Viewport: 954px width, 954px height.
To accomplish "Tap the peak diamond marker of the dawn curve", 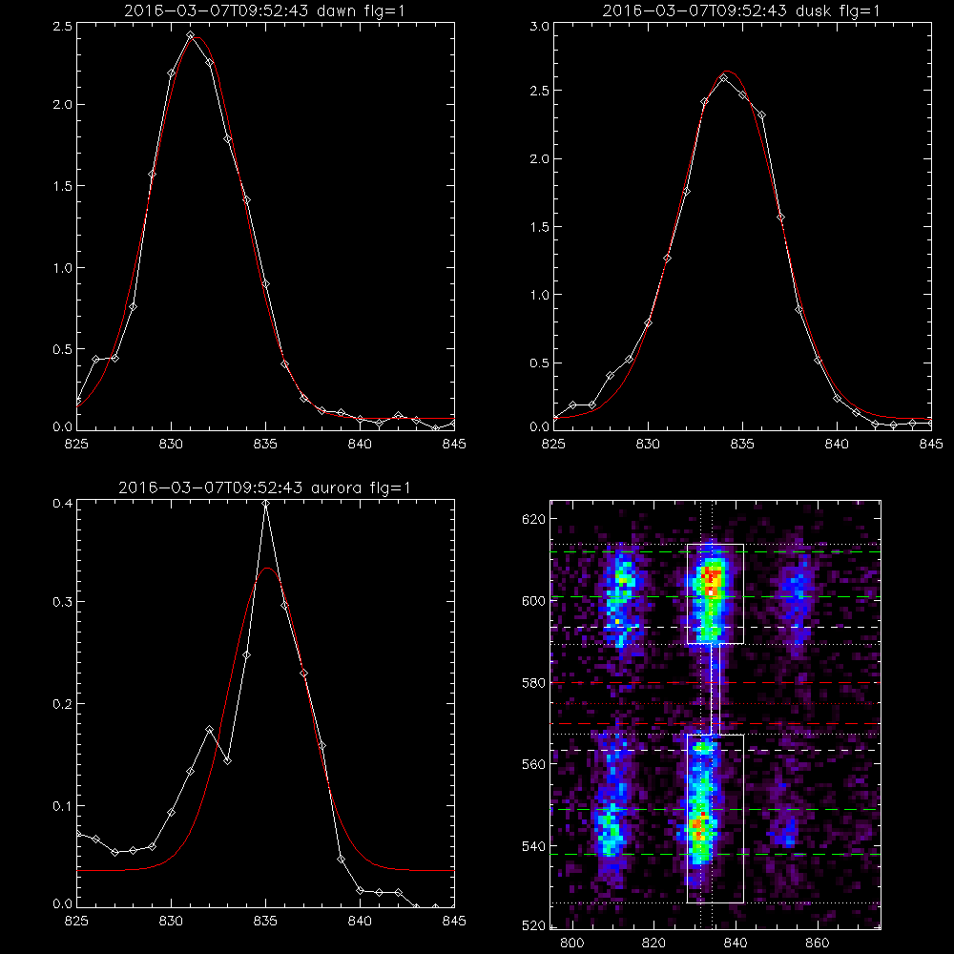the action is click(191, 35).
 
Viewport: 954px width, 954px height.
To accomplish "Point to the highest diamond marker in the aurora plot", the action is click(265, 503).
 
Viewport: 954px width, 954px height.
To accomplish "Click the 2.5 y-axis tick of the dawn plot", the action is click(62, 26).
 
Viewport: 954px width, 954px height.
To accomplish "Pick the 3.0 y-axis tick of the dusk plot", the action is click(539, 26).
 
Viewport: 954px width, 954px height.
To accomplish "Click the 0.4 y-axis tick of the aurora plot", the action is click(62, 503).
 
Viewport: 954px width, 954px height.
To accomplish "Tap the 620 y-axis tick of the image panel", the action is click(533, 519).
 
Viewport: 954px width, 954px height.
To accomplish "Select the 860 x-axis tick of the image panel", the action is click(818, 943).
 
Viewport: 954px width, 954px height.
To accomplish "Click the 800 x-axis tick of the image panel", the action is click(571, 943).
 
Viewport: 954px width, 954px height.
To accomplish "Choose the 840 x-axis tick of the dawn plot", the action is click(361, 444).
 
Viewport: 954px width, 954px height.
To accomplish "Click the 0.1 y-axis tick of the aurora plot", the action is click(62, 805).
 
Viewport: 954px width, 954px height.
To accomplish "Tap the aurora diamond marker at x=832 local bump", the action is click(209, 729).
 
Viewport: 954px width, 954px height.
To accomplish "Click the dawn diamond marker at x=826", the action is click(95, 360).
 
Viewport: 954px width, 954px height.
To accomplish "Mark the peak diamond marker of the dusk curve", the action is click(724, 78).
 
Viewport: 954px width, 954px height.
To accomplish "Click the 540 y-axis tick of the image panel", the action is click(533, 845).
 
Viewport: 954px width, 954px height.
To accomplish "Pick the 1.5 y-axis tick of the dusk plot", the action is click(539, 227).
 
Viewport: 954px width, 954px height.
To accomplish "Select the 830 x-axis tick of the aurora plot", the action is click(171, 921).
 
